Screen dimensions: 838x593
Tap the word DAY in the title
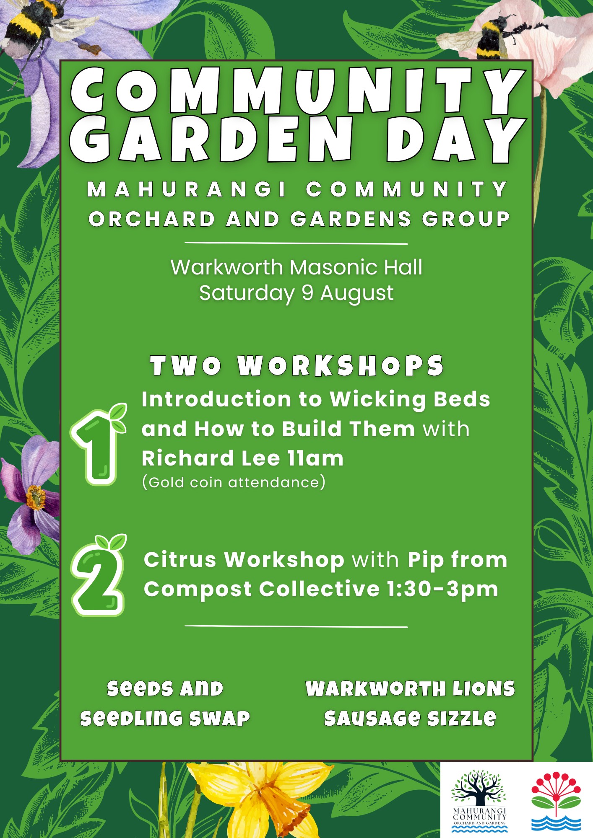(x=455, y=140)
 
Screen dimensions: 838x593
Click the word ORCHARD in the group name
(x=152, y=219)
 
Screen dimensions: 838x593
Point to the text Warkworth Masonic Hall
(x=296, y=267)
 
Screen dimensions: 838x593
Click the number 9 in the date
(x=307, y=292)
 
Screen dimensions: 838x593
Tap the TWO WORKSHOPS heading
(x=297, y=366)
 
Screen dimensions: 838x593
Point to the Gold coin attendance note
(x=234, y=482)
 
